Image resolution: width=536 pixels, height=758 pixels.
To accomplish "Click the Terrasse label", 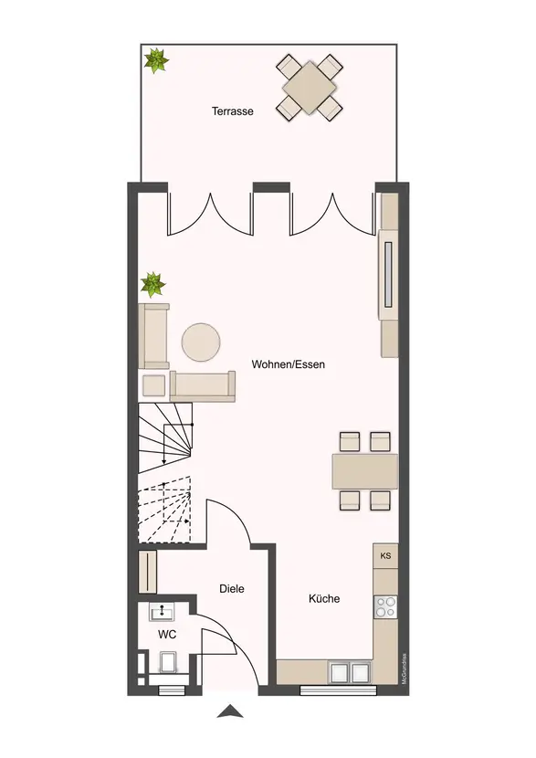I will coord(232,111).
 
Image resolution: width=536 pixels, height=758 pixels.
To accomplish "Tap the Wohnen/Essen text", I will coord(289,363).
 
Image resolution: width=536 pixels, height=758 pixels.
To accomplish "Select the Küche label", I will coord(324,599).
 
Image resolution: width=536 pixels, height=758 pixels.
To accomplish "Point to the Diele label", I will coord(232,589).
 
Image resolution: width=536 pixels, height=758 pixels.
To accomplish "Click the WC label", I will coord(167,634).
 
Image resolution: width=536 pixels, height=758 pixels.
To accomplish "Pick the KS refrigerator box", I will coord(385,555).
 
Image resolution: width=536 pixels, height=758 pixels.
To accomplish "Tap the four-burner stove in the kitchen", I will coord(385,605).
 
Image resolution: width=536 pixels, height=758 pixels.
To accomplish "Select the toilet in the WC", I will coord(167,664).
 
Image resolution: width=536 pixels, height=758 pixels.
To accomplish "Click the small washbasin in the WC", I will coord(166,613).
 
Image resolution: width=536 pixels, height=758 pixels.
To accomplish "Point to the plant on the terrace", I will coord(157,61).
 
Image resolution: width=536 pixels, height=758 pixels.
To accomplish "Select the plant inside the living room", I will coord(153,285).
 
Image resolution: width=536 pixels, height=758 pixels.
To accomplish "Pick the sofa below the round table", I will coord(203,384).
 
